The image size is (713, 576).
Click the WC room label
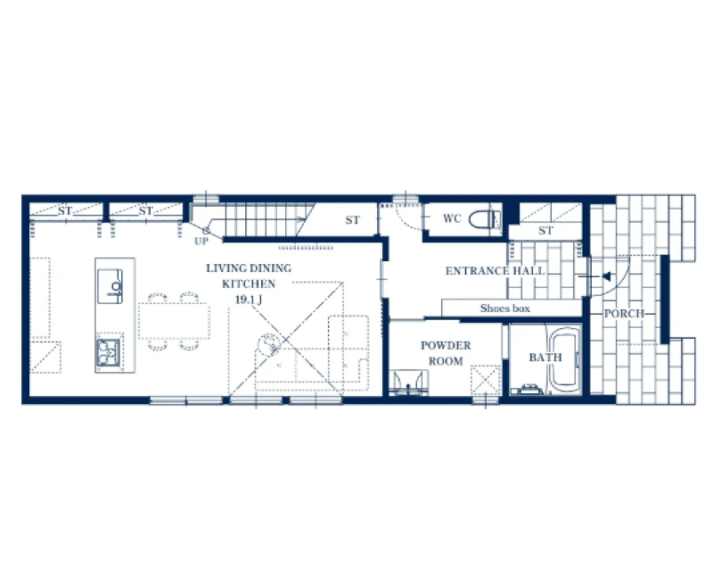pyautogui.click(x=452, y=218)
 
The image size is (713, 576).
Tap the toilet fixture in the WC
pyautogui.click(x=485, y=219)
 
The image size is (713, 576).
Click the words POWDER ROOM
pyautogui.click(x=446, y=353)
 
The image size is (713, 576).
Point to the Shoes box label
pyautogui.click(x=505, y=309)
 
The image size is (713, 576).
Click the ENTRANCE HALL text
pyautogui.click(x=495, y=271)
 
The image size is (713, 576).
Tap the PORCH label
pyautogui.click(x=624, y=314)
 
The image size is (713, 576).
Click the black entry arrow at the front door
pyautogui.click(x=606, y=276)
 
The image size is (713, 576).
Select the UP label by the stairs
pyautogui.click(x=201, y=241)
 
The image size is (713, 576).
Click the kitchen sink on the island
pyautogui.click(x=110, y=286)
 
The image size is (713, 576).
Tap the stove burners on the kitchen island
pyautogui.click(x=109, y=352)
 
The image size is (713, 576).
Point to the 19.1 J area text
pyautogui.click(x=249, y=300)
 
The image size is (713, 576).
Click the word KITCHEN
pyautogui.click(x=249, y=284)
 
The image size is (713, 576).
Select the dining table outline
pyautogui.click(x=174, y=321)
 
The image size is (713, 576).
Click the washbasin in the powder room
pyautogui.click(x=409, y=383)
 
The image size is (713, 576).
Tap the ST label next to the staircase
pyautogui.click(x=352, y=220)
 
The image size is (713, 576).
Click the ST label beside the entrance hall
pyautogui.click(x=545, y=231)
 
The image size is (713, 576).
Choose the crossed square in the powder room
pyautogui.click(x=485, y=380)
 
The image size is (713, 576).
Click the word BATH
pyautogui.click(x=545, y=358)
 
